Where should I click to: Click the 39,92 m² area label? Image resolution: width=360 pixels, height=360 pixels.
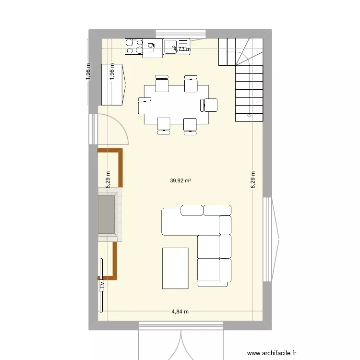(180, 181)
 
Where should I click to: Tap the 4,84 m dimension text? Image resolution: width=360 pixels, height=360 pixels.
(180, 312)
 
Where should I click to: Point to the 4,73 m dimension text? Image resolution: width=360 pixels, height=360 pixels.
(181, 48)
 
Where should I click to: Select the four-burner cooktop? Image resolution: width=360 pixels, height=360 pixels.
(134, 47)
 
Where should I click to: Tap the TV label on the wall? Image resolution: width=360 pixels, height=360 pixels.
(102, 285)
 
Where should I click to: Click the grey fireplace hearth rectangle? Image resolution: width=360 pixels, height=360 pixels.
(107, 214)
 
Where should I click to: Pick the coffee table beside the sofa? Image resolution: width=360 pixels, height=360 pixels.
(175, 268)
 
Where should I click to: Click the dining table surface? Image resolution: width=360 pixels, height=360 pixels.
(177, 104)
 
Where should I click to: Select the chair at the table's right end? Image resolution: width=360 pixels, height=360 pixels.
(210, 105)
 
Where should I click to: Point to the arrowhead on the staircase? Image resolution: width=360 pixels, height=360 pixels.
(249, 116)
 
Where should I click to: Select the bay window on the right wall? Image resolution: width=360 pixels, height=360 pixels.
(274, 239)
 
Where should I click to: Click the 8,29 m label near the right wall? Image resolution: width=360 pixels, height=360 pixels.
(253, 180)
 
